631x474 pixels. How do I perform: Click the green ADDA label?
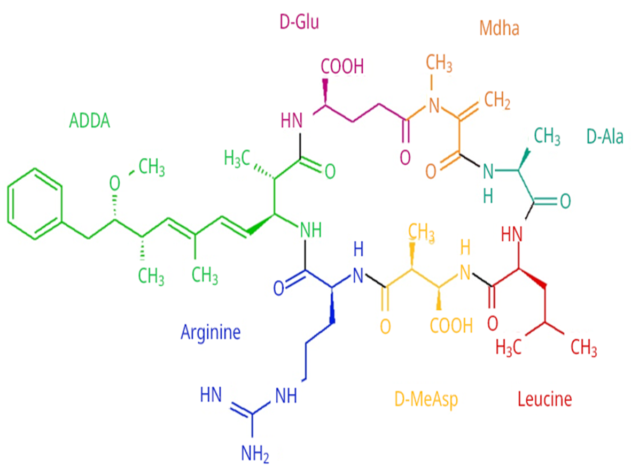pyautogui.click(x=89, y=121)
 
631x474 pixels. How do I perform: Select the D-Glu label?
pyautogui.click(x=299, y=22)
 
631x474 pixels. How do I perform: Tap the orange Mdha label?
pyautogui.click(x=499, y=28)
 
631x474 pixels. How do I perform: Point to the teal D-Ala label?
pyautogui.click(x=605, y=137)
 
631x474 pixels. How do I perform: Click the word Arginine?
pyautogui.click(x=211, y=332)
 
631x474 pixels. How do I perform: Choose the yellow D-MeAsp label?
pyautogui.click(x=426, y=399)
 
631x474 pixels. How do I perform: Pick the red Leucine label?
pyautogui.click(x=544, y=399)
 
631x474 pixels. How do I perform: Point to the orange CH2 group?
pyautogui.click(x=497, y=100)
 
